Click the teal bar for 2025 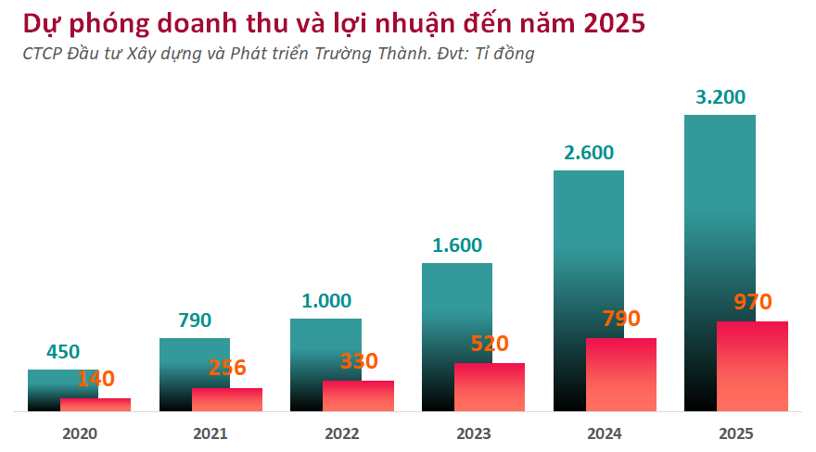[x=720, y=213]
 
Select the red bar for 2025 [x=752, y=366]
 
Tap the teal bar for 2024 [x=588, y=250]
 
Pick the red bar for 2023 [x=490, y=386]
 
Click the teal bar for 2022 [x=325, y=347]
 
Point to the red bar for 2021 [x=227, y=399]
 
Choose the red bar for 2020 [x=96, y=405]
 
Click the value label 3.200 [x=720, y=97]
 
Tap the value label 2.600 [x=589, y=153]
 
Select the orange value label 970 [x=753, y=302]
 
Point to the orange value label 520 [x=490, y=344]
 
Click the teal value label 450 [x=63, y=352]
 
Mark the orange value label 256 [x=227, y=368]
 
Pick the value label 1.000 [x=326, y=301]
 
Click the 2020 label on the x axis [x=80, y=433]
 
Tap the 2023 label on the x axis [x=473, y=433]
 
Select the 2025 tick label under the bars [x=736, y=433]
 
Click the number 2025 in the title [x=608, y=22]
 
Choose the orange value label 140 [x=96, y=378]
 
